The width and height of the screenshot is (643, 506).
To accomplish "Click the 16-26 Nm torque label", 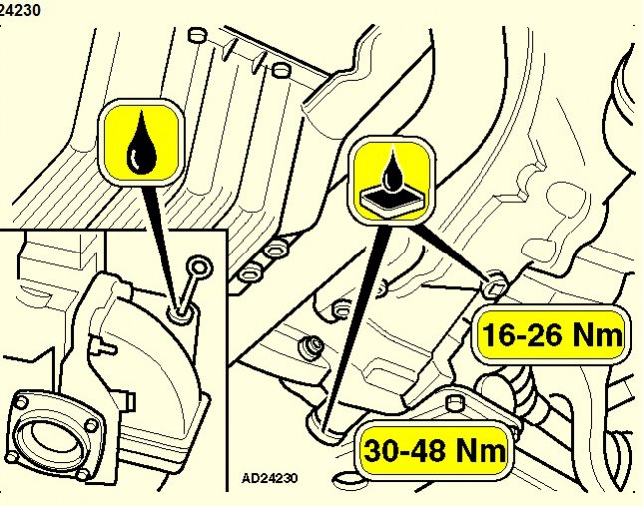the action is click(553, 335).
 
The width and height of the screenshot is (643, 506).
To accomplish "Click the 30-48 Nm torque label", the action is click(435, 450).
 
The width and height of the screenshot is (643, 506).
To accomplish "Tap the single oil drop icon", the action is click(142, 142).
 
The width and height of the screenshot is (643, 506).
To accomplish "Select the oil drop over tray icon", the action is click(393, 181).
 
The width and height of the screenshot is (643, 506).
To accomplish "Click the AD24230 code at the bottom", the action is click(269, 478).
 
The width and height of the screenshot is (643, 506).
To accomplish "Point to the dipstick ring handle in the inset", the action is click(199, 267).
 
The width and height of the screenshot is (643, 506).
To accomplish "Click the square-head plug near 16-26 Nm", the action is click(494, 288).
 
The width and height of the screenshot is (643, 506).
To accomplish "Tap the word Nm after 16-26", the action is click(597, 335).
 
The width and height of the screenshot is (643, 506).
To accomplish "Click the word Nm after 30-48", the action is click(481, 450).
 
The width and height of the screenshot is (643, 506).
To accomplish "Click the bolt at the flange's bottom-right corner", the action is click(82, 475).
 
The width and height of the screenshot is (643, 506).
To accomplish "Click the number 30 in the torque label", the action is click(381, 450).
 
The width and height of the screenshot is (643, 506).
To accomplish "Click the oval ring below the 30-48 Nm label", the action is click(347, 479).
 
